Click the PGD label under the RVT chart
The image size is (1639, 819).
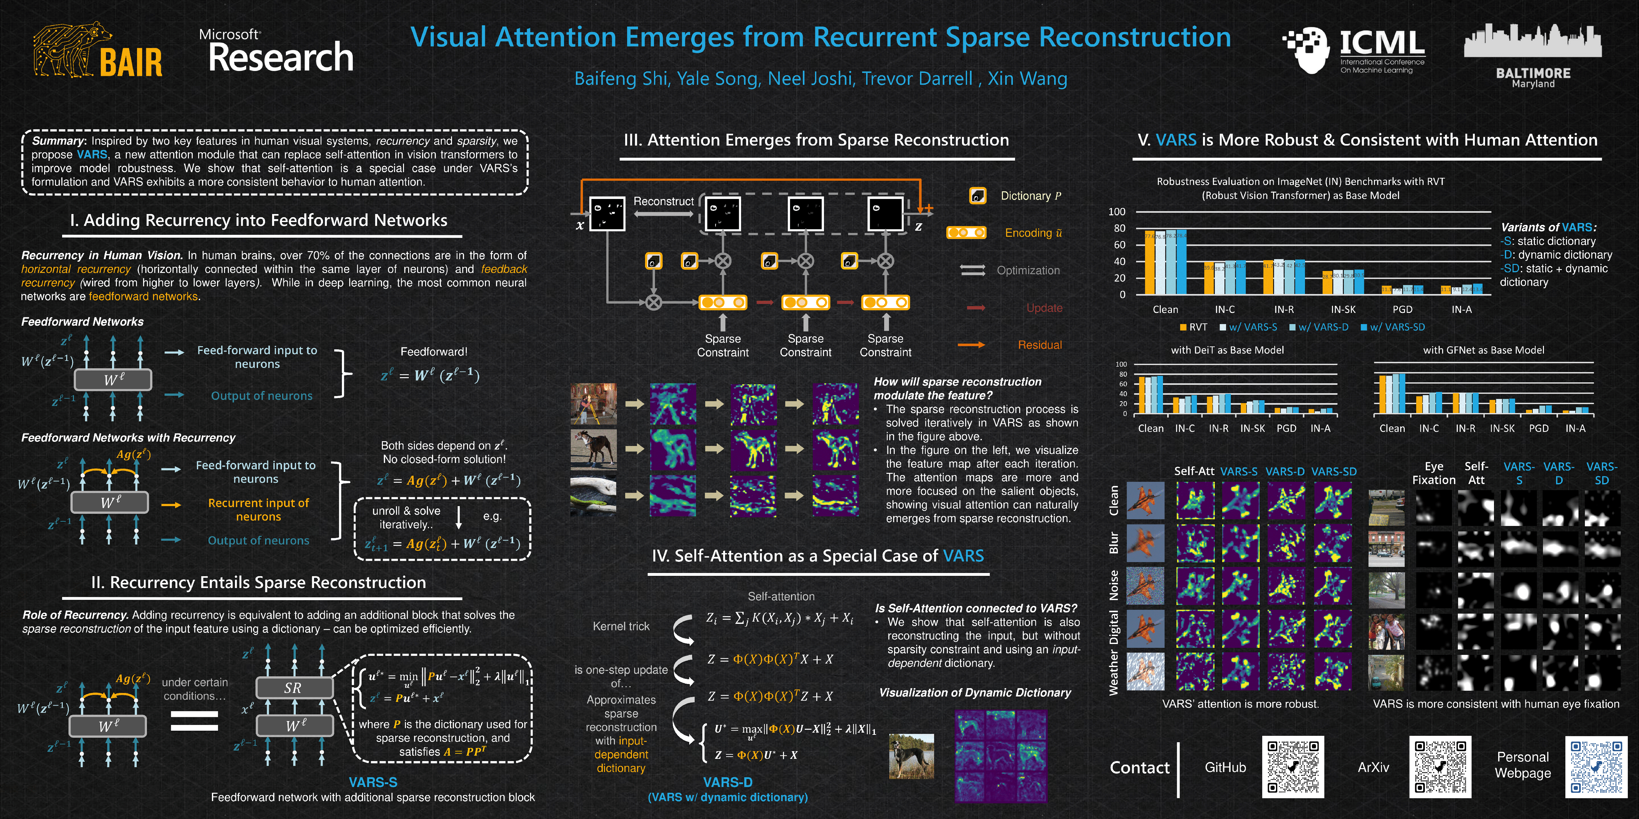1402,310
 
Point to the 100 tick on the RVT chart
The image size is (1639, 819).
1117,212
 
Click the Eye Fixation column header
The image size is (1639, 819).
1433,473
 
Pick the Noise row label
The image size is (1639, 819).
1113,585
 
